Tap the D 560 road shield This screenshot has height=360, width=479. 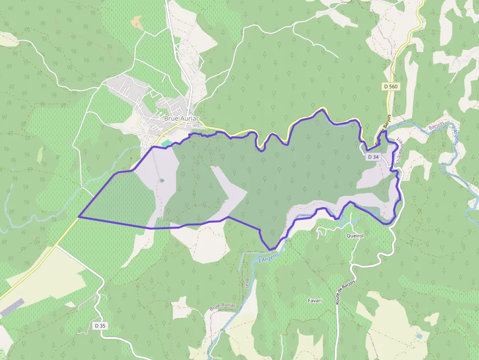coord(391,86)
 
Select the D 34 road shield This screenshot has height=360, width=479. coord(373,157)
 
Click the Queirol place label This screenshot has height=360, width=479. coord(355,235)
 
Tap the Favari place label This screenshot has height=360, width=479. coord(315,300)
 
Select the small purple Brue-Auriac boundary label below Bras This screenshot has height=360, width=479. coord(223,306)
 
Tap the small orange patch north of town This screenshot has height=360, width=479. coord(136,22)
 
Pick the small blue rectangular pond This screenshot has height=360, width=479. coord(419,337)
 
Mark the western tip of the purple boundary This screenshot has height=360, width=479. coord(79,216)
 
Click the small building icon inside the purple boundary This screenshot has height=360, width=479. coord(162,180)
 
